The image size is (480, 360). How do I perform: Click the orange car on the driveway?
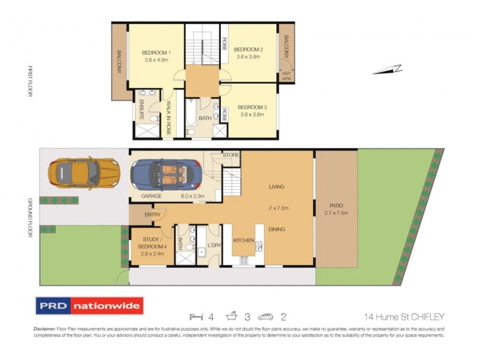(x=83, y=172)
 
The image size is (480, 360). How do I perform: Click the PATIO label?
(x=336, y=205)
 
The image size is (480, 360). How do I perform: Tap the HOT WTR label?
(x=286, y=76)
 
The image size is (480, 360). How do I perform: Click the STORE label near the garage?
(x=231, y=155)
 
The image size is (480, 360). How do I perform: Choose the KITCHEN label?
(x=244, y=240)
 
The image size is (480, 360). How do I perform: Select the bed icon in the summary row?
(x=194, y=316)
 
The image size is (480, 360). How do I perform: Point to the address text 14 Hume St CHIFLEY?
(x=404, y=317)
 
